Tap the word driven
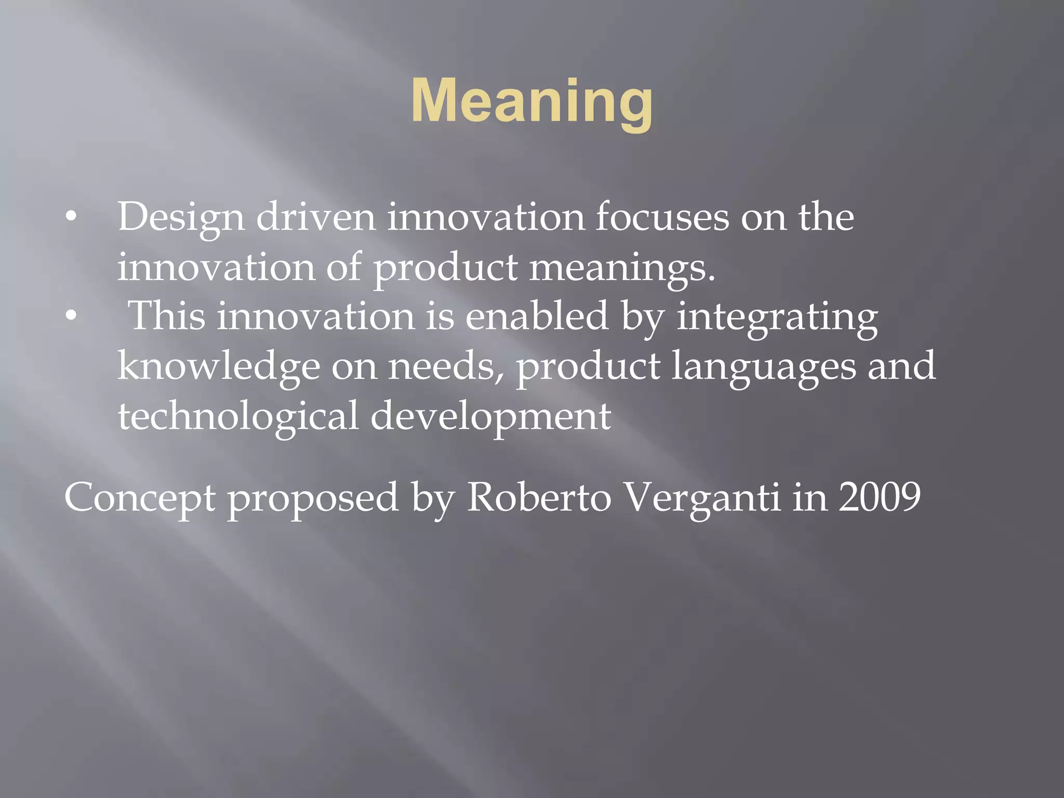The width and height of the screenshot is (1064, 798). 316,217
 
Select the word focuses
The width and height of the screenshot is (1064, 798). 662,217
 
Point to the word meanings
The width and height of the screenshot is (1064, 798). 622,268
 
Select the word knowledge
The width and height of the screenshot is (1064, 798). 219,367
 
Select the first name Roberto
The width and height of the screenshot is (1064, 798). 539,498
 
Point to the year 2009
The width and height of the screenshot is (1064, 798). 880,498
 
